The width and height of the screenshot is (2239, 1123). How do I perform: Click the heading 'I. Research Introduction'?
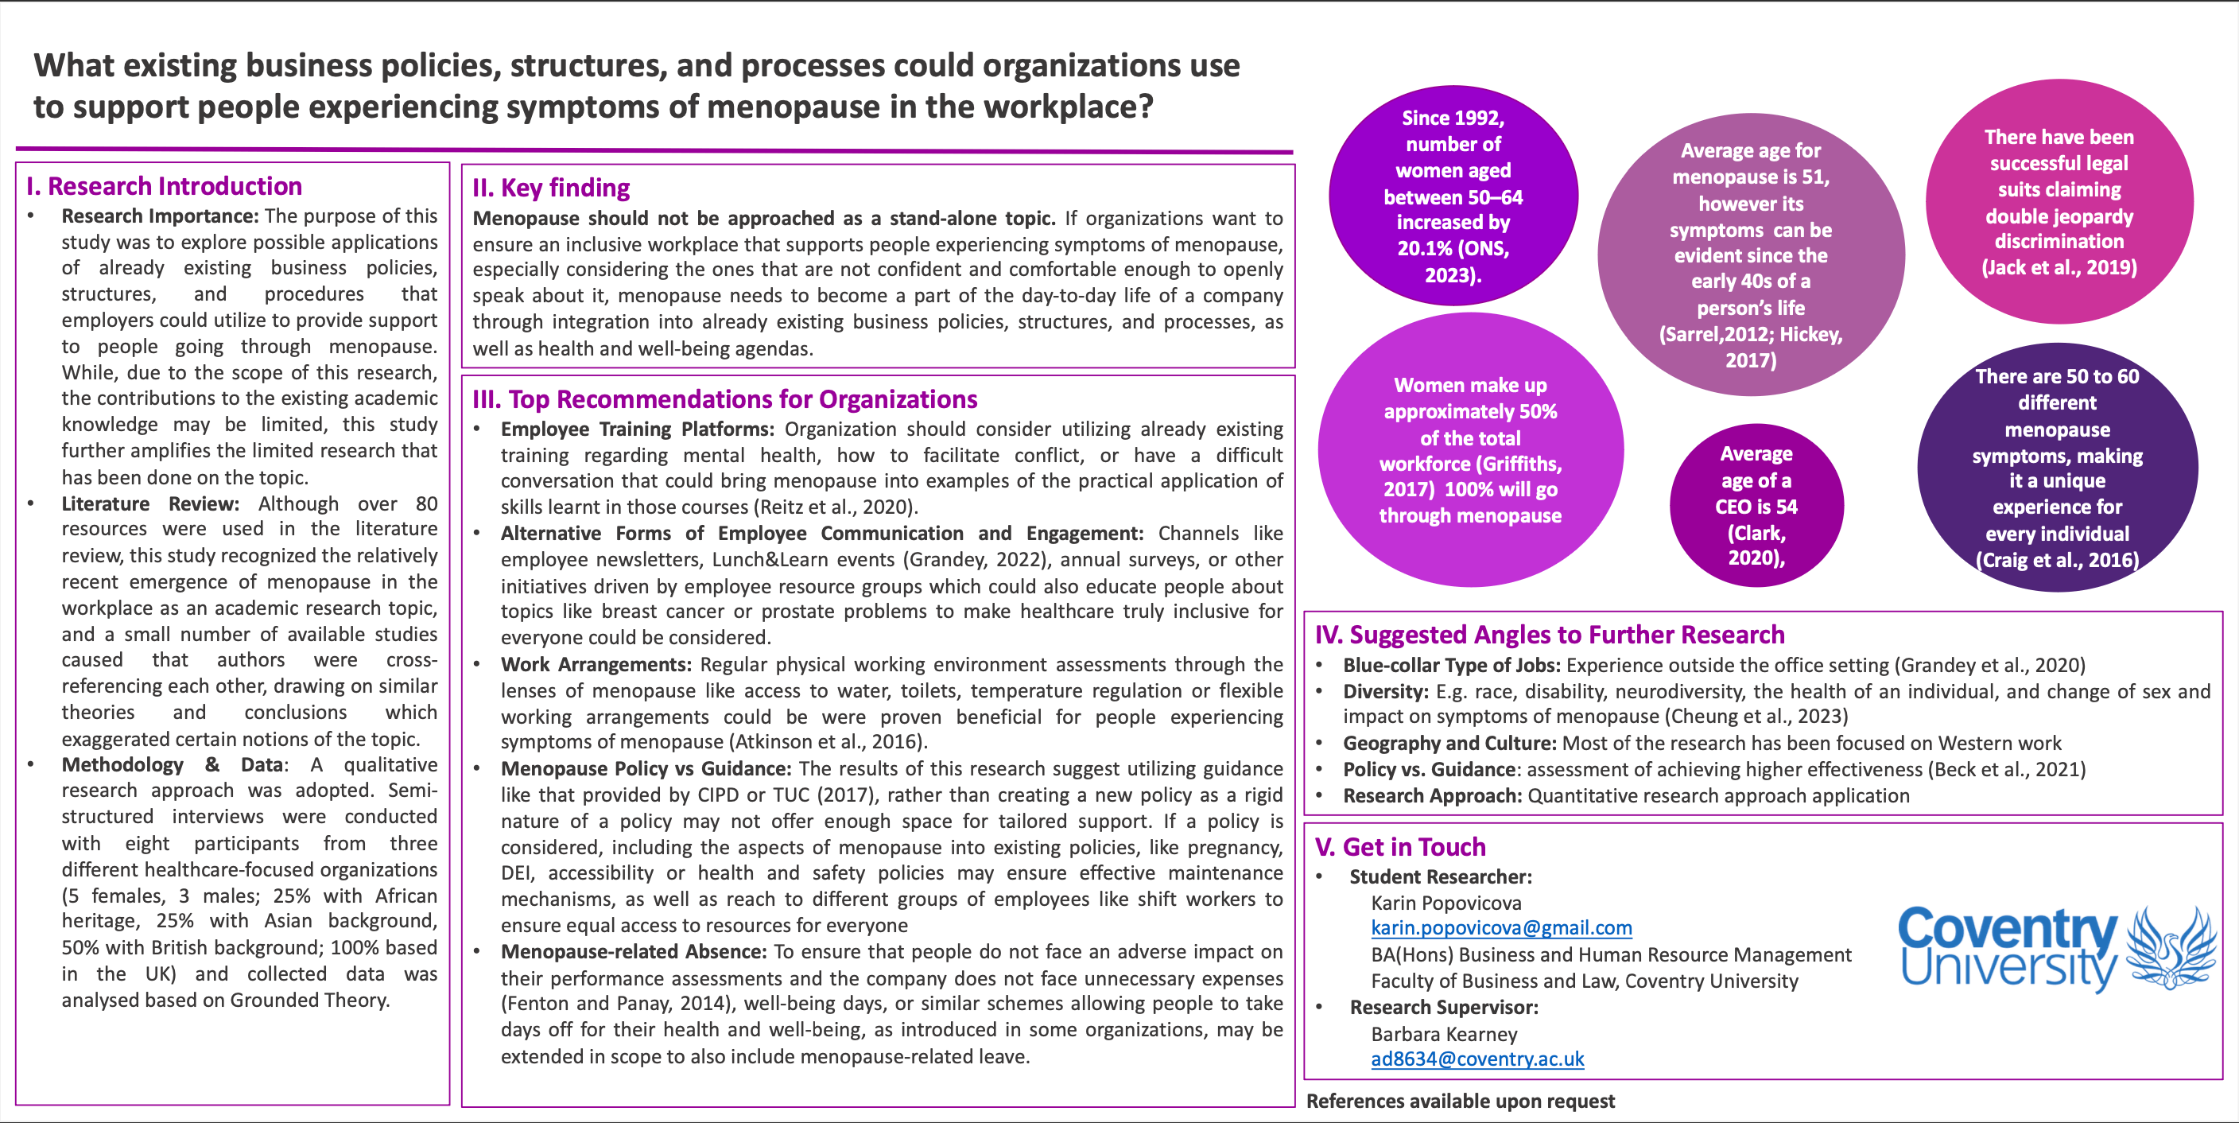165,186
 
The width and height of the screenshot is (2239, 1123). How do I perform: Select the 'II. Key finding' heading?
551,188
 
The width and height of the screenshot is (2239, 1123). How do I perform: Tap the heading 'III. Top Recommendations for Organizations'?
725,399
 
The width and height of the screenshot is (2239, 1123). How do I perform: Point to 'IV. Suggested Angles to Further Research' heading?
1550,635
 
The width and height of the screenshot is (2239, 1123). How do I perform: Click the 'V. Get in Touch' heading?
1400,846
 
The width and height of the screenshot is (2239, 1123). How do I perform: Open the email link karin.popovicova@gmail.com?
1501,927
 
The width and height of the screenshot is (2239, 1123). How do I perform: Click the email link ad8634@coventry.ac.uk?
1476,1059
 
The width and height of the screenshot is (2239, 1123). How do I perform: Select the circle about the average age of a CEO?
1756,506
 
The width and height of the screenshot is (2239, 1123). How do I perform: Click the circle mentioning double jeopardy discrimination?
2059,202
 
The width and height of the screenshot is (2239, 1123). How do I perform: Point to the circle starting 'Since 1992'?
1453,196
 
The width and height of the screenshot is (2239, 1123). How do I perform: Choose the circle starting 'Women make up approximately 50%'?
1470,450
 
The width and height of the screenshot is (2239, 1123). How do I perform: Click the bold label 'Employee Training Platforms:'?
637,429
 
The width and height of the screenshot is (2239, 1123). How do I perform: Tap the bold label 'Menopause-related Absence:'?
634,952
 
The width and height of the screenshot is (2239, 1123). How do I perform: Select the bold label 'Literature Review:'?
149,503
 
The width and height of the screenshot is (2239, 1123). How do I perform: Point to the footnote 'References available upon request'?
1461,1102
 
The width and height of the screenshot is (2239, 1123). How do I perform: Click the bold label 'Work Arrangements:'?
596,665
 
